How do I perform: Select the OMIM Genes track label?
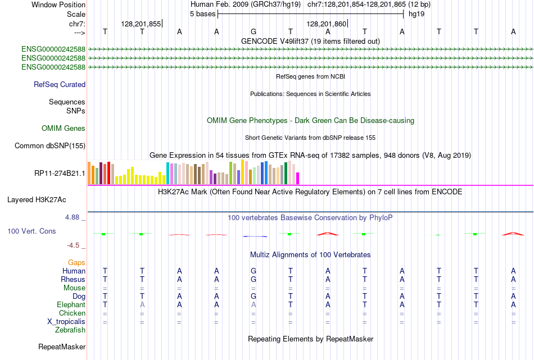pyautogui.click(x=64, y=129)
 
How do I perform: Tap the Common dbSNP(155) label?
pyautogui.click(x=50, y=146)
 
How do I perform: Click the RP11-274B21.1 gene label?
pyautogui.click(x=60, y=174)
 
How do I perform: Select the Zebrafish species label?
pyautogui.click(x=70, y=330)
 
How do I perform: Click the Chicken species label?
pyautogui.click(x=73, y=313)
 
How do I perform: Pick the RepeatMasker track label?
pyautogui.click(x=62, y=347)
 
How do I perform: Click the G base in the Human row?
pyautogui.click(x=254, y=271)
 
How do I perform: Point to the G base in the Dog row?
pyautogui.click(x=254, y=296)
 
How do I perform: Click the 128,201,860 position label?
pyautogui.click(x=327, y=24)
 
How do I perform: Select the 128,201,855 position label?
pyautogui.click(x=141, y=24)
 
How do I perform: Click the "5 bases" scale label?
pyautogui.click(x=202, y=13)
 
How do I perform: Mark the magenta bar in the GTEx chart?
pyautogui.click(x=298, y=178)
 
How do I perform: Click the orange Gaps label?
pyautogui.click(x=76, y=262)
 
